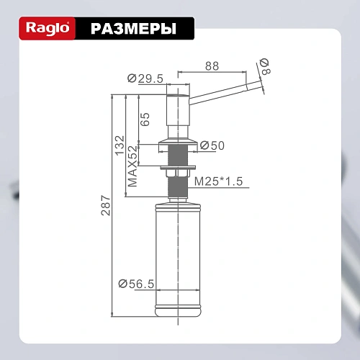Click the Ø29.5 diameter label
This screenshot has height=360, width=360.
pos(143,78)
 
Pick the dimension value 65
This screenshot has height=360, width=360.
pos(145,119)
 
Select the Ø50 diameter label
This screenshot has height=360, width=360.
pos(213,145)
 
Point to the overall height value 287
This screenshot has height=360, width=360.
pos(106,207)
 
